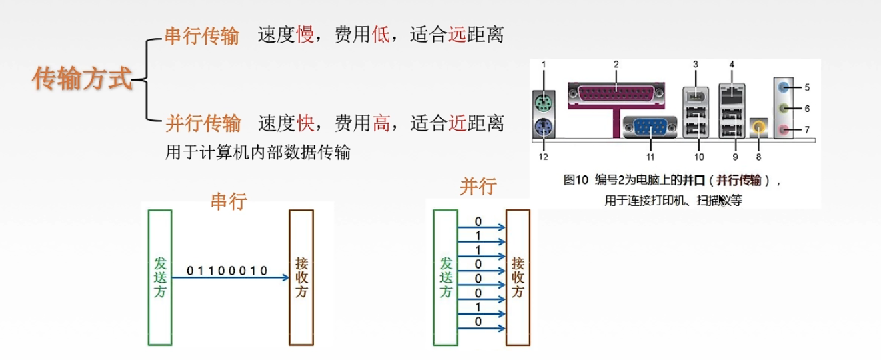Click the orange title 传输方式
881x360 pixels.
(x=83, y=79)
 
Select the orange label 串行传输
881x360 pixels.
(x=202, y=35)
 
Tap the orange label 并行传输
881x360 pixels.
(x=203, y=123)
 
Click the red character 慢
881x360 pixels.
(x=305, y=35)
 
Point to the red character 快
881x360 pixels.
(x=305, y=123)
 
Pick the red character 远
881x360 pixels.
(x=456, y=35)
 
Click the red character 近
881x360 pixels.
(x=457, y=123)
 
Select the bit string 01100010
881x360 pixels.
(x=227, y=271)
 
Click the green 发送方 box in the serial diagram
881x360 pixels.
(x=160, y=277)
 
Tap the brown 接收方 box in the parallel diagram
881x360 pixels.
(x=518, y=277)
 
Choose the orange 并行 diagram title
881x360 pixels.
(x=478, y=187)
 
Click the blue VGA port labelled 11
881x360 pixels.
(x=649, y=127)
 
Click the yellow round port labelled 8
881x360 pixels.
(x=758, y=127)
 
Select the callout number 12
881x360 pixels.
(x=544, y=156)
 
